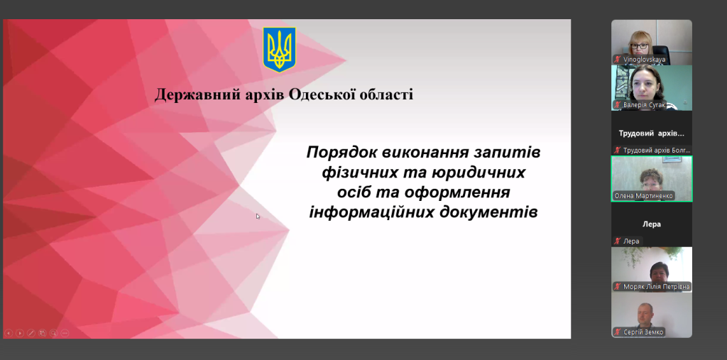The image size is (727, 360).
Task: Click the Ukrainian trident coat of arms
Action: pos(279,50)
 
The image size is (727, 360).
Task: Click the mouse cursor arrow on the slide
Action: pos(258,216)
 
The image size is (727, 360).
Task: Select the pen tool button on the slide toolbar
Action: pos(31,332)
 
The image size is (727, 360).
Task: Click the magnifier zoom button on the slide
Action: pos(53,332)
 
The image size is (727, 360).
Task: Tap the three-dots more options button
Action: pos(65,332)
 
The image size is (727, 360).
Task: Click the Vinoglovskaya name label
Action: pos(644,60)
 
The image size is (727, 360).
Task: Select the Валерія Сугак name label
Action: pos(644,105)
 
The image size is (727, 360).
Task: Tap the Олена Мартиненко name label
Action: pos(643,196)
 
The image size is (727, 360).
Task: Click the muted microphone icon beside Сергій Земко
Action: pos(617,332)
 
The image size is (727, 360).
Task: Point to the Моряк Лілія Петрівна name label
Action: pos(656,287)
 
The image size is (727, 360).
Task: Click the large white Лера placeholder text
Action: pos(652,224)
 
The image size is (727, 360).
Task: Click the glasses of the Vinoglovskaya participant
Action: pos(639,45)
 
